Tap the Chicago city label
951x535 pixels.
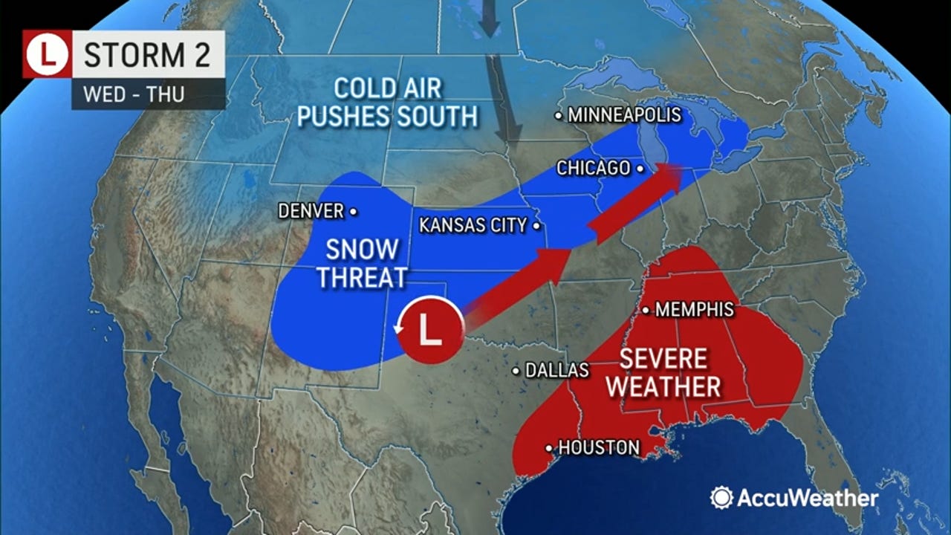(594, 169)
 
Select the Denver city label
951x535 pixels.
(311, 211)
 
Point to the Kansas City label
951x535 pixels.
(473, 225)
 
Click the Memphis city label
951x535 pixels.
(695, 310)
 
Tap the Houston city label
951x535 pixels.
(598, 447)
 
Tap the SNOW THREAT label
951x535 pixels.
(362, 263)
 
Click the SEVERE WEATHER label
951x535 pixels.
(669, 372)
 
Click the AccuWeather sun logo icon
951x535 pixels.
(721, 497)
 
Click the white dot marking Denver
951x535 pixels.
(354, 212)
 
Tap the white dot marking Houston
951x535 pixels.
(549, 448)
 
